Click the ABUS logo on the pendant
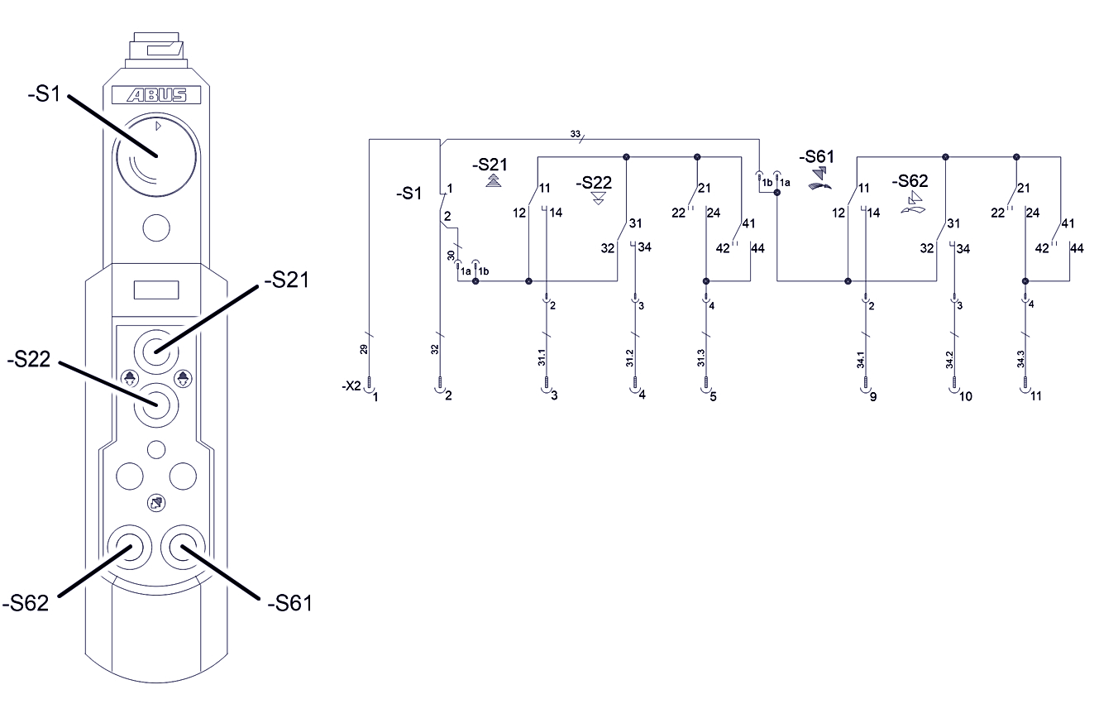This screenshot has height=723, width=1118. click(x=156, y=96)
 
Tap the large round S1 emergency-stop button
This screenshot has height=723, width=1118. click(x=156, y=154)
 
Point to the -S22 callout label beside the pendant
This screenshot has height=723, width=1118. click(x=31, y=361)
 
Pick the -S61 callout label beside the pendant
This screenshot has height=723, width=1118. click(x=289, y=603)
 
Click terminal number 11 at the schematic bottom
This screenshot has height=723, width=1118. click(x=1035, y=396)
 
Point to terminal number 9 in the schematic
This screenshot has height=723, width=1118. click(x=872, y=397)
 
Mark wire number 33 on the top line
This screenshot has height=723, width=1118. click(x=576, y=133)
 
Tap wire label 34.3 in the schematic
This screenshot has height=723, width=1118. click(x=1020, y=357)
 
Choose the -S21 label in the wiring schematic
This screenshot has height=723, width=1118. click(x=490, y=164)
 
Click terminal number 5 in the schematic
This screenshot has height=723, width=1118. click(x=713, y=396)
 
